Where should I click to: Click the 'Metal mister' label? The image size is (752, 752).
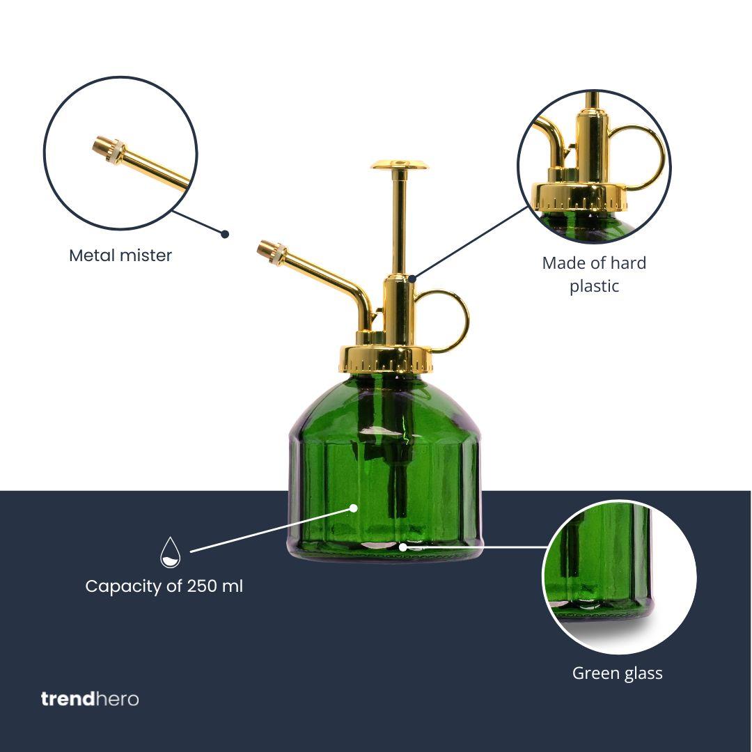[120, 256]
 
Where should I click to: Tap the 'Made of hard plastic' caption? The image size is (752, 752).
[594, 274]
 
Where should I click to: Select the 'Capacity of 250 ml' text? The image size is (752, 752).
[164, 586]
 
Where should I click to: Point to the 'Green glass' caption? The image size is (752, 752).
[617, 673]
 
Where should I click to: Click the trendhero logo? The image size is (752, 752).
[90, 698]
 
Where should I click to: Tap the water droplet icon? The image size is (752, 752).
[170, 551]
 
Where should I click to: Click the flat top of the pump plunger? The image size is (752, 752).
[399, 165]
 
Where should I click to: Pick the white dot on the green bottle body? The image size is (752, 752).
[354, 508]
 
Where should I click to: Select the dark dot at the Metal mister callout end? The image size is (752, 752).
[225, 234]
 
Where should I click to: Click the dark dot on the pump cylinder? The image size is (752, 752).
[412, 279]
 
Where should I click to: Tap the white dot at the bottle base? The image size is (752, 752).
[402, 547]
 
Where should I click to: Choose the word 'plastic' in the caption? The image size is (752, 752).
[594, 286]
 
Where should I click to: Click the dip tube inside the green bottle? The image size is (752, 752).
[399, 480]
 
